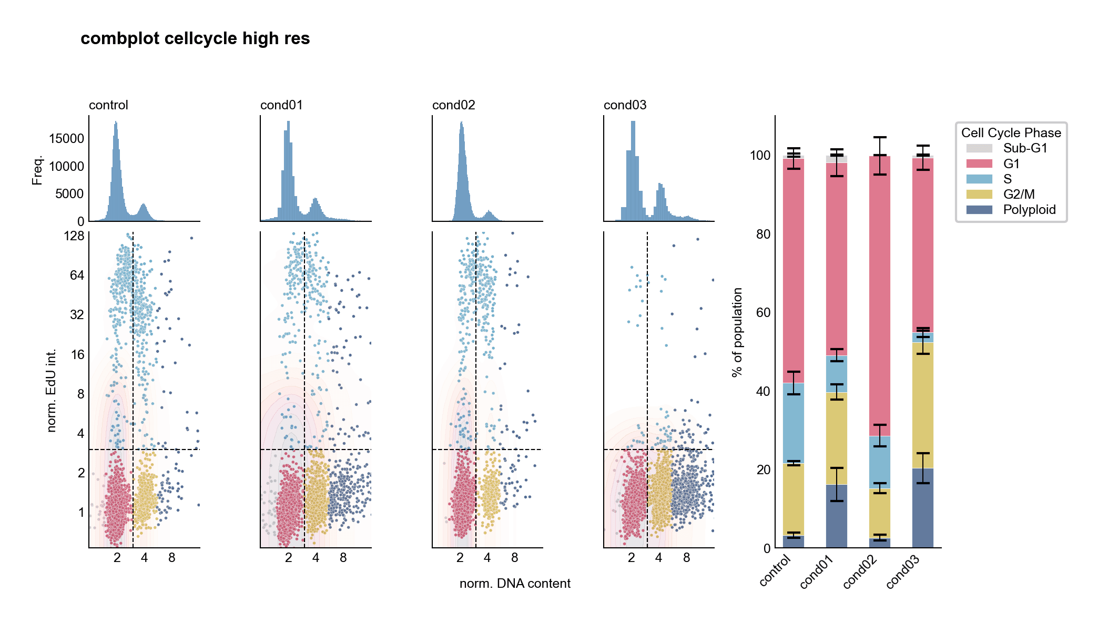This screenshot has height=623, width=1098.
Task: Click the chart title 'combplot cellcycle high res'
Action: point(195,38)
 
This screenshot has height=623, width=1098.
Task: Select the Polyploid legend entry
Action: point(1029,210)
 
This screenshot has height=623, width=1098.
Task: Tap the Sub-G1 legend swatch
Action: point(979,148)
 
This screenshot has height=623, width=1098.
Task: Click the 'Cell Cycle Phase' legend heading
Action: point(1011,133)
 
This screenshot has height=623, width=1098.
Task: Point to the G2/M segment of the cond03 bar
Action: point(922,405)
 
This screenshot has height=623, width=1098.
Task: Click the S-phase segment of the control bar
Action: point(793,423)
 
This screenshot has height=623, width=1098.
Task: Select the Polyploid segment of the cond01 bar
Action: point(836,516)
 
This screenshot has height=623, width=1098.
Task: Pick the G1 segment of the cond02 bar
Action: point(879,294)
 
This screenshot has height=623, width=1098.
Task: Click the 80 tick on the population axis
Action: point(763,234)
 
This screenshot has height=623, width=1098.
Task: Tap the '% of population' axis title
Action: point(737,332)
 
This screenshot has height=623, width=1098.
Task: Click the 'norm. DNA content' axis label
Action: point(514,584)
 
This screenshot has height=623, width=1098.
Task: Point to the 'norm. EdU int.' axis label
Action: point(51,390)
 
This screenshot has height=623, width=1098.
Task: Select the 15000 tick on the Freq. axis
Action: point(66,139)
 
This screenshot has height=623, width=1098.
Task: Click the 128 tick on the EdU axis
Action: point(74,236)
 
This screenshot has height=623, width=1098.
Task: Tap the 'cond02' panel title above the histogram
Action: point(453,105)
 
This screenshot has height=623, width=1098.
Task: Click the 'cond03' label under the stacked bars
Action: point(903,571)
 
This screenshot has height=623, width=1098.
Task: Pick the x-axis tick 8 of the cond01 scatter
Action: point(343,558)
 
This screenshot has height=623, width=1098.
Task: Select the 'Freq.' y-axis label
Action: point(37,170)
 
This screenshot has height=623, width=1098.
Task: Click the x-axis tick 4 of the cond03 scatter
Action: point(658,558)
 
